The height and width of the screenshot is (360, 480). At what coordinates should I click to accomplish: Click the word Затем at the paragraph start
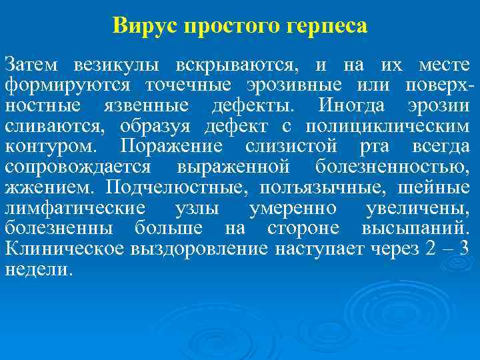pos(31,66)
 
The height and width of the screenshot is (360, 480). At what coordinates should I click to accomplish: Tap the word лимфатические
pos(74,209)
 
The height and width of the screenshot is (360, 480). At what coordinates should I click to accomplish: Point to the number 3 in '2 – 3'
pos(465,249)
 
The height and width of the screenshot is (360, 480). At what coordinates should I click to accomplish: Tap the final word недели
pos(37,269)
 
